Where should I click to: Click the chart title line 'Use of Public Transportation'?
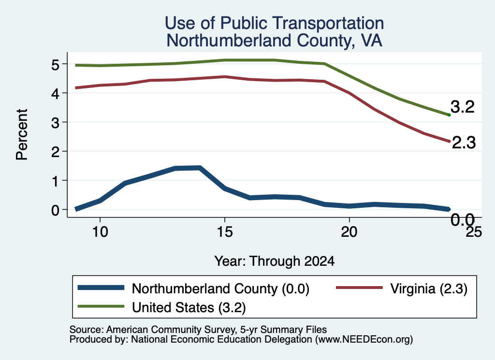coord(275,23)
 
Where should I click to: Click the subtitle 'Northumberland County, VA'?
coord(275,41)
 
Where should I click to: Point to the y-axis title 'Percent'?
coord(22,135)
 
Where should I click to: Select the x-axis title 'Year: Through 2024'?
coord(275,261)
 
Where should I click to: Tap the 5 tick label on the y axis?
coord(55,65)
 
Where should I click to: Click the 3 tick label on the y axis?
coord(55,123)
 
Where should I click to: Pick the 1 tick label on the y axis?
coord(56,181)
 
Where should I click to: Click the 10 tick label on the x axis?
coord(100,232)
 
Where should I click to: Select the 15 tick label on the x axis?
coord(225,232)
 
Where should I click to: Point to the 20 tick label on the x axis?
coord(349,232)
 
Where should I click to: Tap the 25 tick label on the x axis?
coord(474,232)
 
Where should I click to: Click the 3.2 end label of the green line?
coord(463,107)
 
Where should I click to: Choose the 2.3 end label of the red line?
coord(464,143)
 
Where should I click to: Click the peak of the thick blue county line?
coord(200,168)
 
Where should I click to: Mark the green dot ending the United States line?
coord(449,115)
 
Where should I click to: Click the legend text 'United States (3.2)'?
coord(189,307)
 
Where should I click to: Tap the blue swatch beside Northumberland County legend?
coord(101,288)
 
